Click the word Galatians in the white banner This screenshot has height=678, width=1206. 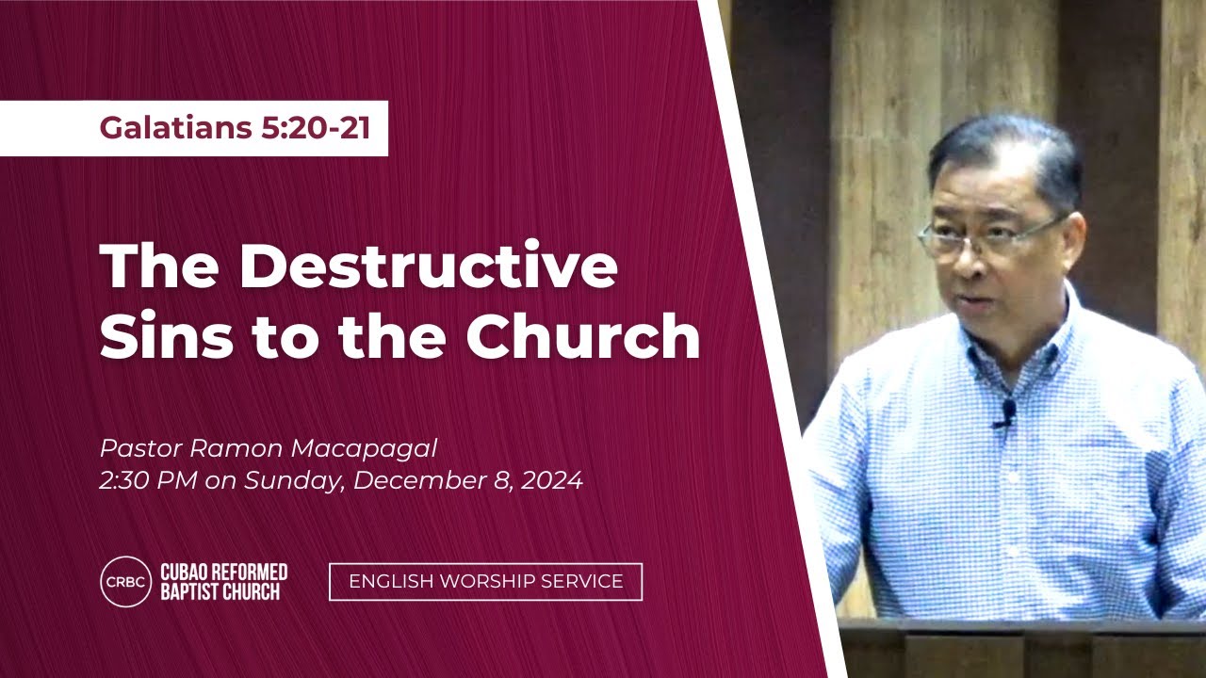tap(175, 128)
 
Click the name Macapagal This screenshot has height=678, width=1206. tap(364, 449)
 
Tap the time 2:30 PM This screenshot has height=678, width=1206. tap(149, 480)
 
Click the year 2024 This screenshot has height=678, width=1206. tap(552, 480)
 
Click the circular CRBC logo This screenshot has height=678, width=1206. tap(126, 582)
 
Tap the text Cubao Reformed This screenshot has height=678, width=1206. tap(224, 572)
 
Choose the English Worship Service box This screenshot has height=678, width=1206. tap(485, 582)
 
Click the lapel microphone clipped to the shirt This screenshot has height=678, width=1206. tap(1005, 413)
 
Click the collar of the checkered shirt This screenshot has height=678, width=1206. tap(1018, 345)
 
